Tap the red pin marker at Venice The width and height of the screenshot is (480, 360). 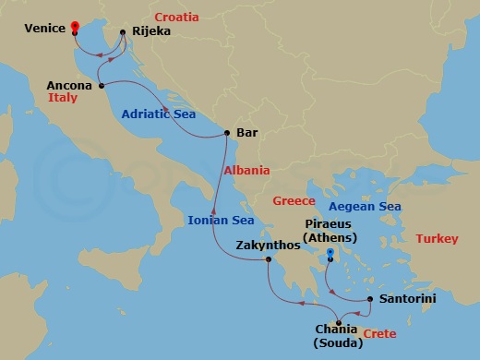click(x=74, y=27)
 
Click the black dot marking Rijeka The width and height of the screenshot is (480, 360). click(x=123, y=32)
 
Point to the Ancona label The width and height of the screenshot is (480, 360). click(x=69, y=86)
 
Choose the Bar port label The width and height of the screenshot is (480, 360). click(x=246, y=133)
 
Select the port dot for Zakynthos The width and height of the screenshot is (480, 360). click(x=269, y=259)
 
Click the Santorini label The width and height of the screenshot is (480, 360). click(x=406, y=299)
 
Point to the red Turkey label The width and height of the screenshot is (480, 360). click(x=436, y=239)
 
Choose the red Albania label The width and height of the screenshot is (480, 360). click(x=246, y=171)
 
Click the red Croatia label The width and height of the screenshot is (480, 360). click(x=177, y=17)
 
